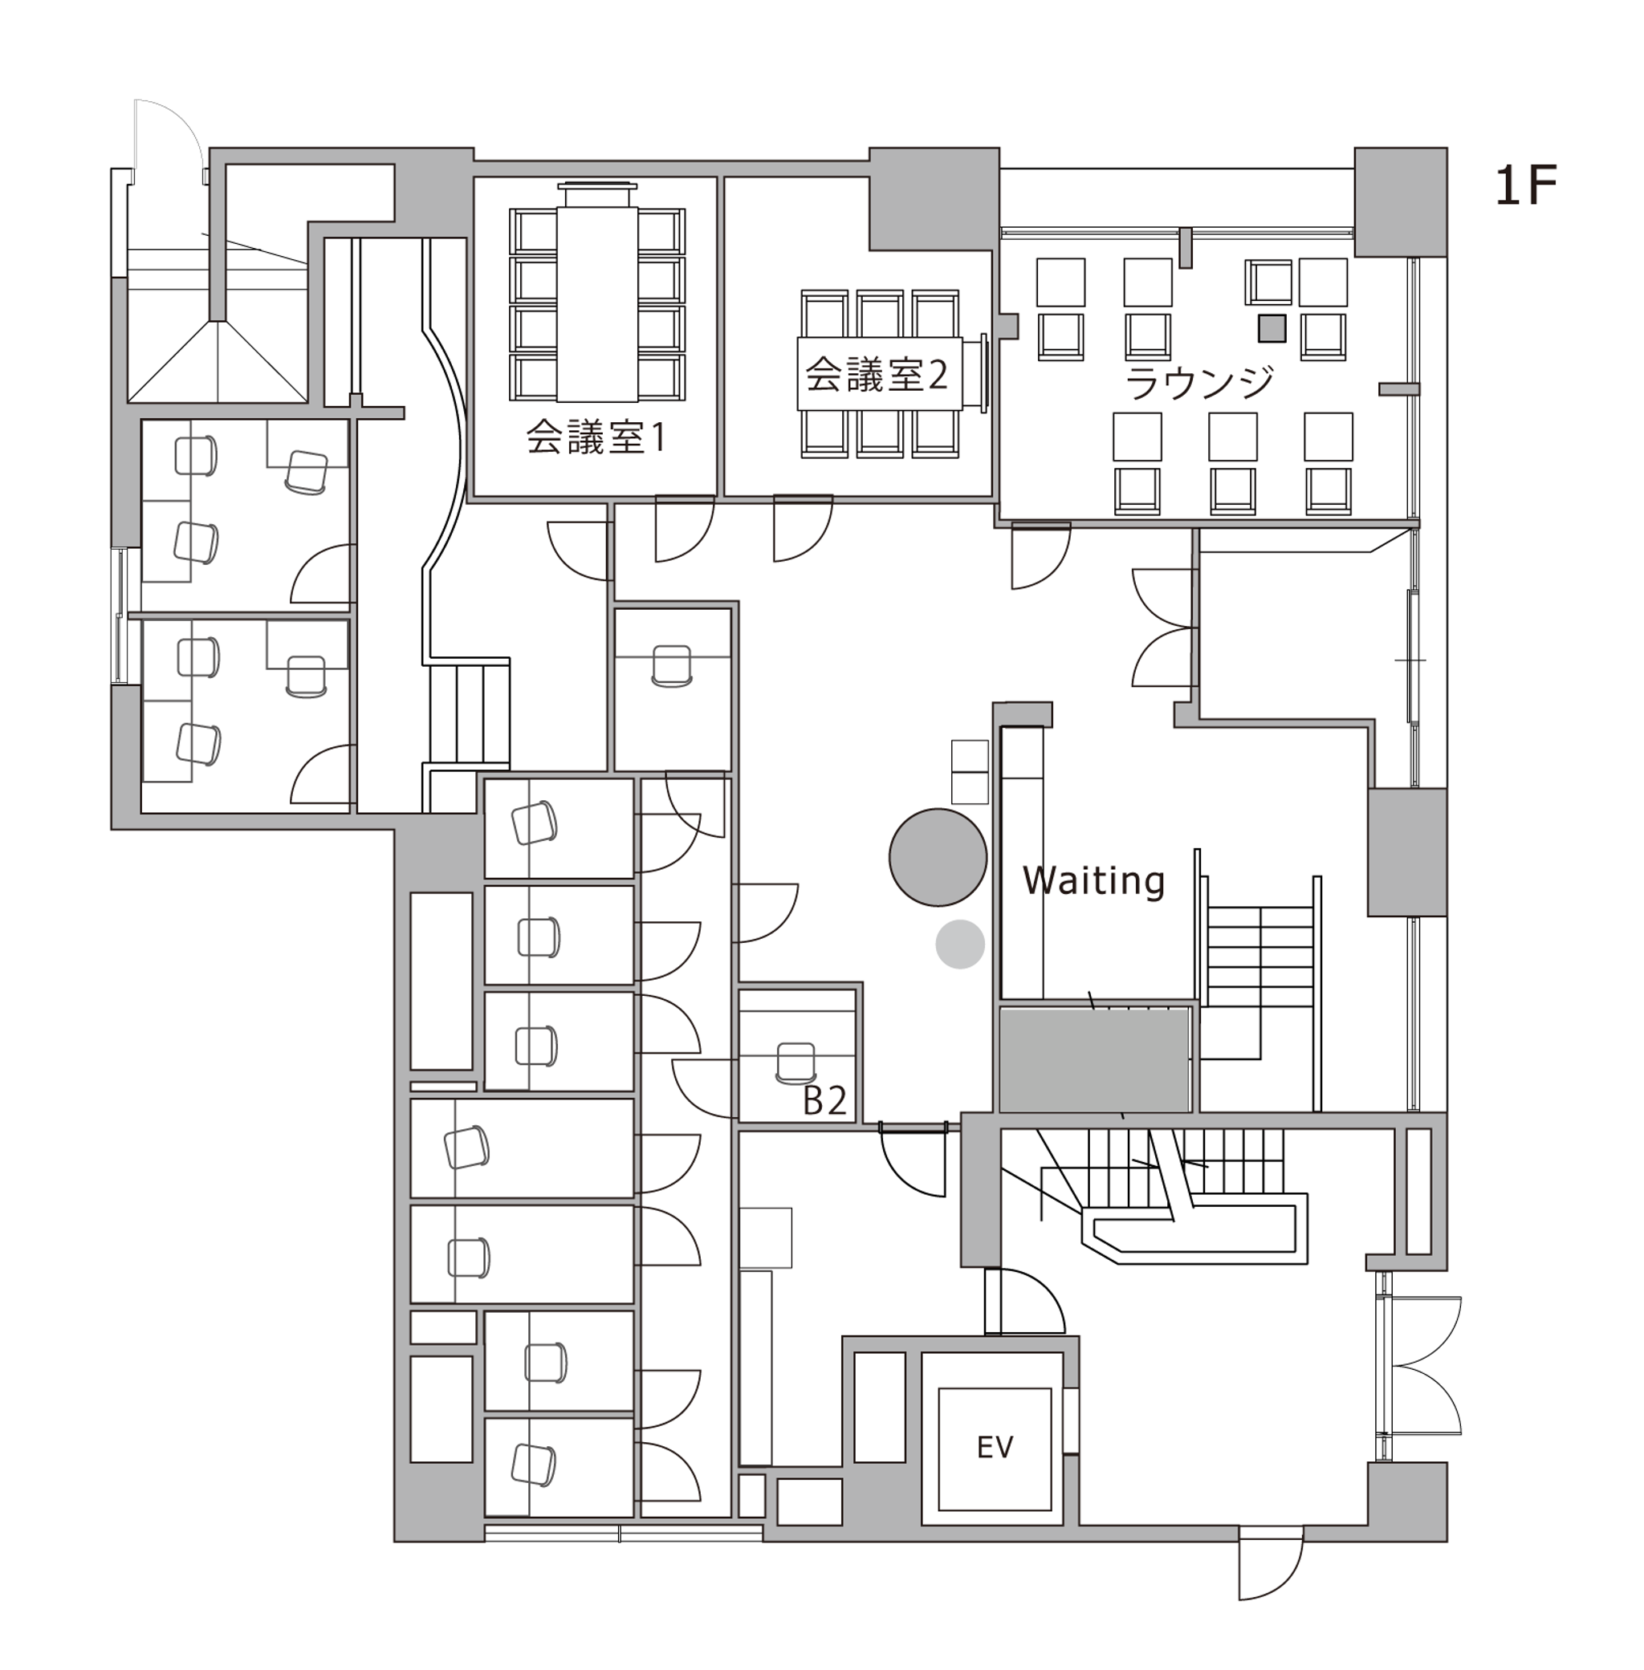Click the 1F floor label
[x=1526, y=186]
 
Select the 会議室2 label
[x=877, y=375]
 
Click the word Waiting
[x=1094, y=880]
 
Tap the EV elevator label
[x=995, y=1446]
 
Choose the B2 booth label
[x=824, y=1100]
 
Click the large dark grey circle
[x=938, y=857]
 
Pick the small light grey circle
[x=960, y=945]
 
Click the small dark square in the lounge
[x=1272, y=328]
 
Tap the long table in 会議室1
[x=597, y=304]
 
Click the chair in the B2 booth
[x=796, y=1063]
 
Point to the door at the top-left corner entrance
[x=169, y=138]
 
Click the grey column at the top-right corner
[x=1400, y=202]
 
